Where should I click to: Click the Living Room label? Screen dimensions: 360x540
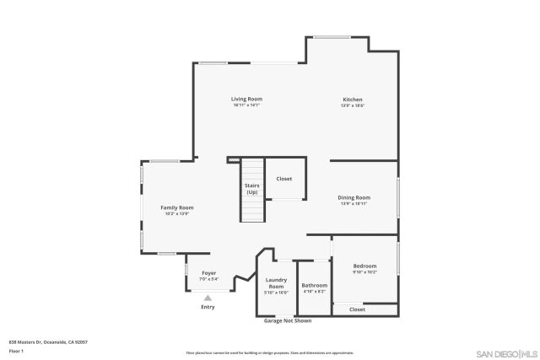tap(246, 99)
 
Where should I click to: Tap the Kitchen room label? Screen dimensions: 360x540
tap(352, 99)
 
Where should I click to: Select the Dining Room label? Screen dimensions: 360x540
tap(355, 198)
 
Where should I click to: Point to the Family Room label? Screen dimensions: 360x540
tap(177, 207)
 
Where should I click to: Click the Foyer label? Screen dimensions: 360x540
tap(208, 273)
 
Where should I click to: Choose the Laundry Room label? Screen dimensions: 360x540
tap(276, 282)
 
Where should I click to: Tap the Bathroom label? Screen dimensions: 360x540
tap(314, 285)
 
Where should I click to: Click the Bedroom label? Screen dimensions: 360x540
tap(364, 266)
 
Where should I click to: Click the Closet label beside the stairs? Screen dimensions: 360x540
tap(284, 179)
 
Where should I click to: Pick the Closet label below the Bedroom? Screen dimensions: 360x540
tap(357, 309)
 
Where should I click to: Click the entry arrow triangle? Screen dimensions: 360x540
tap(208, 297)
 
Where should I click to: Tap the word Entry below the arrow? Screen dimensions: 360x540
tap(208, 307)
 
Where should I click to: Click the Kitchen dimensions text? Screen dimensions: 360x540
tap(352, 105)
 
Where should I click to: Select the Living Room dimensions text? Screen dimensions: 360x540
tap(246, 105)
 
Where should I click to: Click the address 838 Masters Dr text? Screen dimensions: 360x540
tap(48, 341)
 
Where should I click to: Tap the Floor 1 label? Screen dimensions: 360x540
tap(16, 350)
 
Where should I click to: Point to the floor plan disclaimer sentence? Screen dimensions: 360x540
tap(270, 352)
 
